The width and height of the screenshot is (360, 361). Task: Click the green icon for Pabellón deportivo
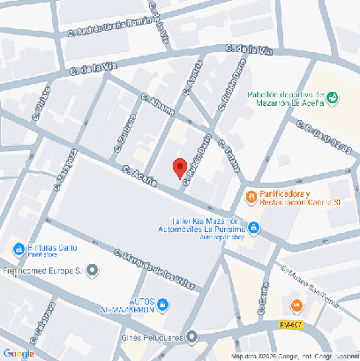333,97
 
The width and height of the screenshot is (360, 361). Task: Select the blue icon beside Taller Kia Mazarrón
253,228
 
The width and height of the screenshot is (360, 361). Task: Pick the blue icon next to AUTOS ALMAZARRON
173,305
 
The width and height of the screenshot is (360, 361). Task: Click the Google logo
19,354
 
